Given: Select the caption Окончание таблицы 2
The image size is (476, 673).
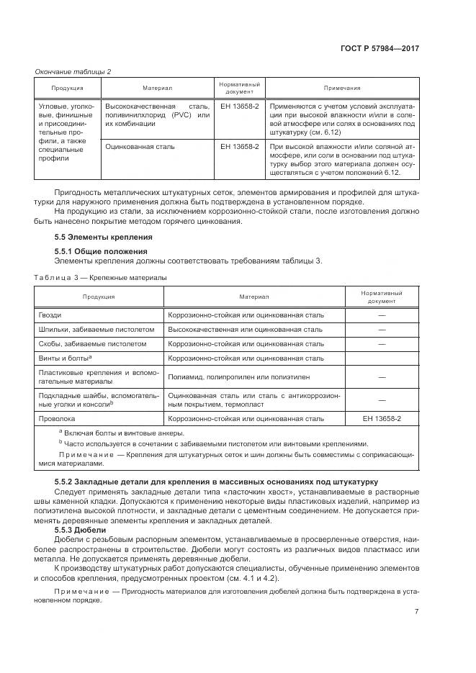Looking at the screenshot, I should click(73, 71).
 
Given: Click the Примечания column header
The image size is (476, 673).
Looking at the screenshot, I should click(341, 88).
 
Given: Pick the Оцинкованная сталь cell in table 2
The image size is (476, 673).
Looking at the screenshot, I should click(140, 147).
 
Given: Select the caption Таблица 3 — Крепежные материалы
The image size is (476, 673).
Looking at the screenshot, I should click(100, 277).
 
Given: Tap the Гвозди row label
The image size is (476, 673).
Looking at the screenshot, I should click(50, 315).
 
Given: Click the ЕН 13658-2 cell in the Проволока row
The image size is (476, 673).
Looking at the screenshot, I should click(382, 418).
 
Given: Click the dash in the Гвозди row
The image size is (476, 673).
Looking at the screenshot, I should click(382, 315).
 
